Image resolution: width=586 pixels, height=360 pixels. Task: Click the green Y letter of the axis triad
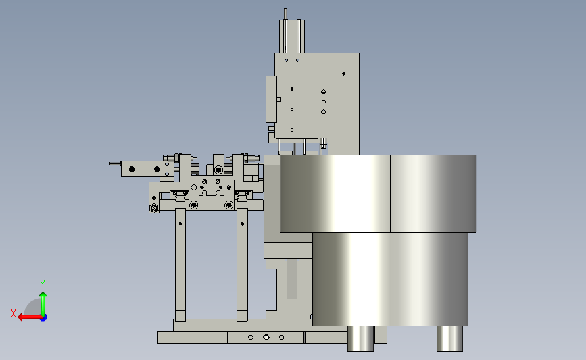[42, 284]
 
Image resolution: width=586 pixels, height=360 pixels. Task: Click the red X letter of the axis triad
[14, 313]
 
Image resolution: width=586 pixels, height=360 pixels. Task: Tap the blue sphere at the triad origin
[44, 318]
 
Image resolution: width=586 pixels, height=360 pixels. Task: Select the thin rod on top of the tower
[285, 14]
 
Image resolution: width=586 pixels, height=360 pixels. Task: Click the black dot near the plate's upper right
[343, 74]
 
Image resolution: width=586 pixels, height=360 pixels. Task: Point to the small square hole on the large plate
[292, 109]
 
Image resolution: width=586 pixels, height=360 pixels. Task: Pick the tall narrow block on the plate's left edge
[271, 99]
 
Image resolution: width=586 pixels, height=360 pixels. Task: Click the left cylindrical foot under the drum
[360, 338]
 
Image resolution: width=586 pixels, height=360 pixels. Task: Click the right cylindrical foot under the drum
[449, 338]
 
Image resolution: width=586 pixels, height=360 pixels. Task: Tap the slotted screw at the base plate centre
[266, 337]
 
